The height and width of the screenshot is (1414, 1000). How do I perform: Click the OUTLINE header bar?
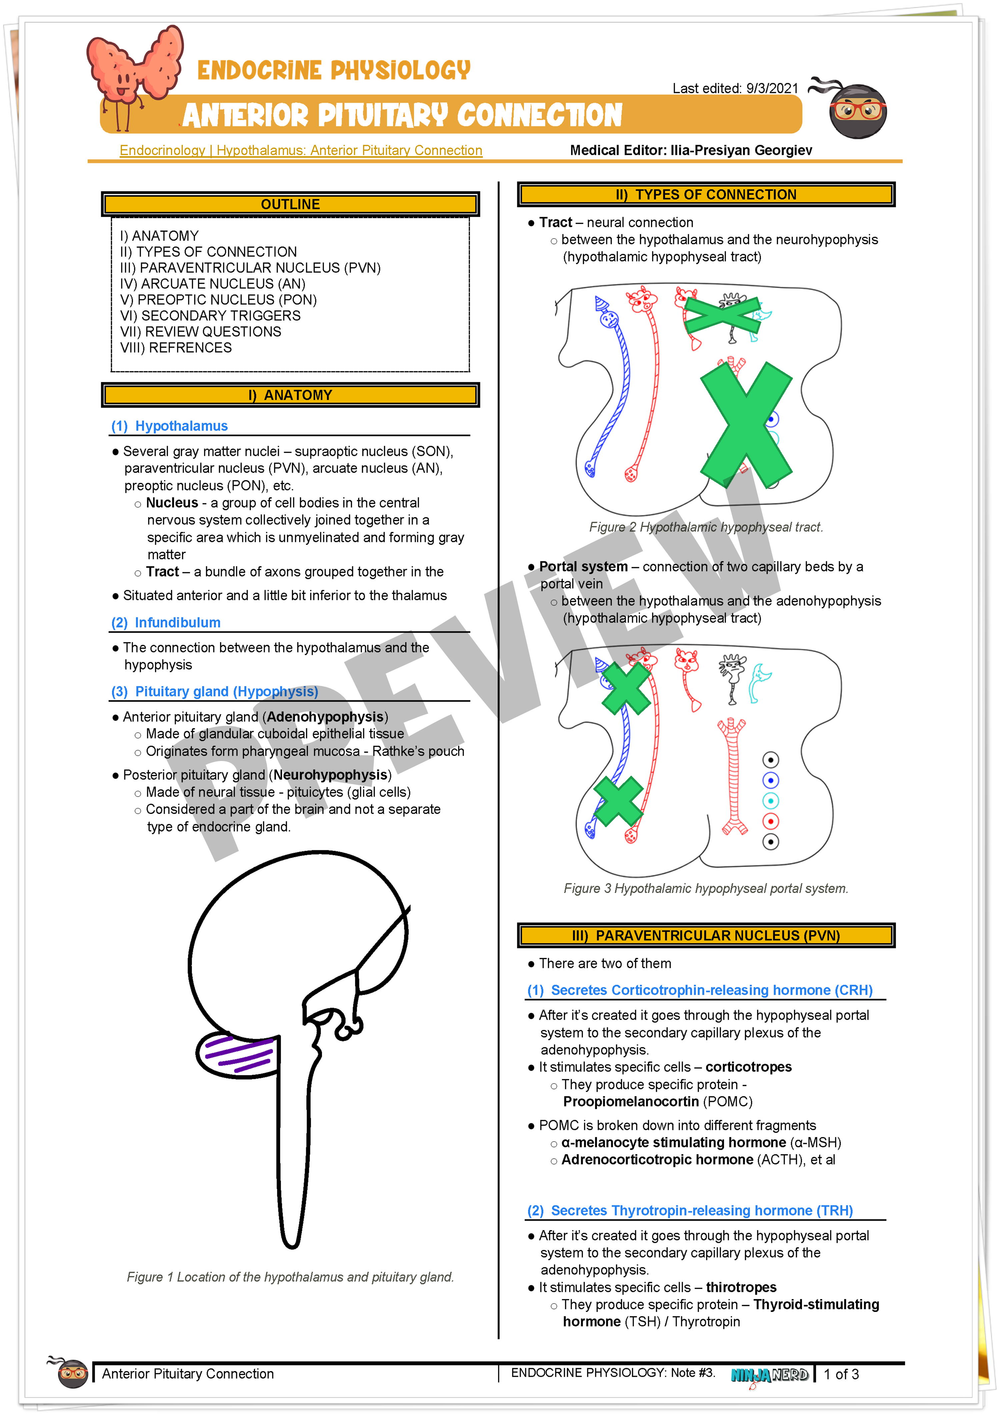tap(290, 204)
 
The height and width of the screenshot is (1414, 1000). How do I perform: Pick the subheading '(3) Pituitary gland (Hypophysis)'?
tap(214, 692)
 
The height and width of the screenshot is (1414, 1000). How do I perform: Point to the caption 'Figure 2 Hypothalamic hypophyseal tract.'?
tap(706, 527)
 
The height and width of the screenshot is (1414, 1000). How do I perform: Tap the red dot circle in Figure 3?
tap(770, 821)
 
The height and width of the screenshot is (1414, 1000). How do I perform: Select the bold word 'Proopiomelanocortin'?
tap(631, 1102)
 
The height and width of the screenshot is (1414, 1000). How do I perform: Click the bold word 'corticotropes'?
tap(748, 1067)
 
